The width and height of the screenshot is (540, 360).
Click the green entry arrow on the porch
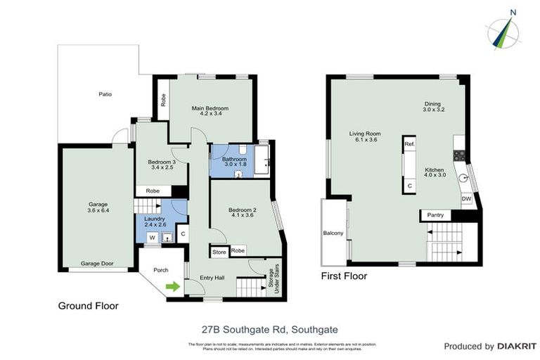point(171,285)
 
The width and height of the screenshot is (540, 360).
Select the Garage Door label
point(97,264)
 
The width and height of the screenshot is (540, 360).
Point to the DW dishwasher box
point(465,199)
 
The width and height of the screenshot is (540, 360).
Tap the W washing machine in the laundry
point(151,238)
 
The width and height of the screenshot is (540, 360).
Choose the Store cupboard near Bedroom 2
point(219,251)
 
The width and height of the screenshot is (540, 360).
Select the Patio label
point(105,94)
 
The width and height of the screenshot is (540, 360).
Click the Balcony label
point(333,233)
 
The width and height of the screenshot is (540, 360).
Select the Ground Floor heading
point(88,306)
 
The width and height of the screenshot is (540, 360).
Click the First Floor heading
point(344,276)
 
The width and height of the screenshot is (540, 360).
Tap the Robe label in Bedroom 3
point(153,191)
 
